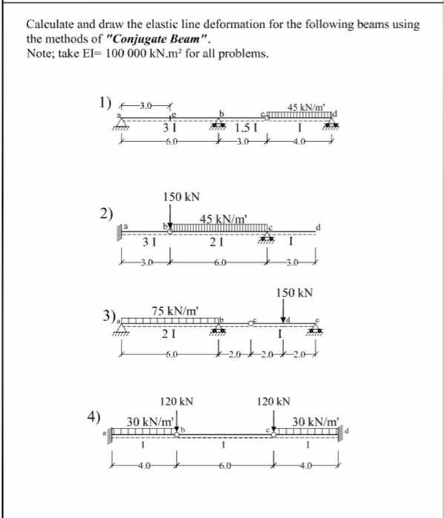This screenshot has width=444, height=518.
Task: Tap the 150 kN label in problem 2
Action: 181,197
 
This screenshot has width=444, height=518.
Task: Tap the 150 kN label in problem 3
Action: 294,293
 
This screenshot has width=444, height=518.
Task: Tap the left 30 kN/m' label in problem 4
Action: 150,421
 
